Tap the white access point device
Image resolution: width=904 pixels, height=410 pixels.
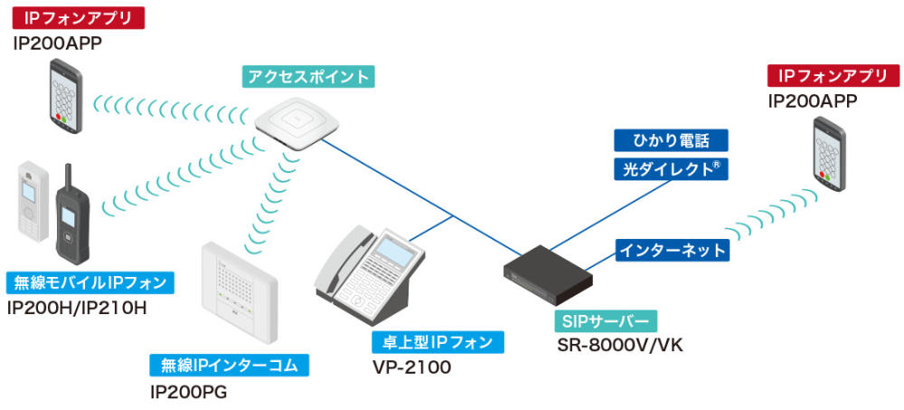pos(290,124)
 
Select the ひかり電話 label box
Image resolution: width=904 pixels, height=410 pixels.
pos(671,140)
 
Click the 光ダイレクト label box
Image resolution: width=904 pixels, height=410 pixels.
pos(671,168)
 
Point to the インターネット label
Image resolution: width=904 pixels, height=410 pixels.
pos(671,250)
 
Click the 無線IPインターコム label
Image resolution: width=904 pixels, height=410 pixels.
pos(230,366)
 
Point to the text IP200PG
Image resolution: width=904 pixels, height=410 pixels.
pos(189,392)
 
